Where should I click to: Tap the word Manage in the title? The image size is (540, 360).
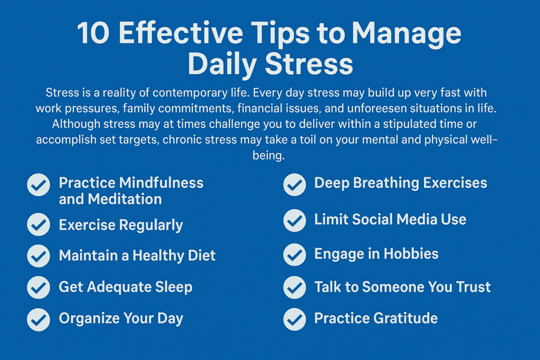click(x=406, y=34)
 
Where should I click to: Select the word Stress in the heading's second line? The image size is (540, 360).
click(x=309, y=65)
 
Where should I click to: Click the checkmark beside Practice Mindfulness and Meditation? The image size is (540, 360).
click(x=38, y=185)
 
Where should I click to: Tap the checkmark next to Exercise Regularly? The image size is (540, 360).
click(x=38, y=225)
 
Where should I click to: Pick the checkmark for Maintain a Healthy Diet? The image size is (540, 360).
click(x=38, y=256)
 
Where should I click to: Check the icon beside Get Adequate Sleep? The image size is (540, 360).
click(x=38, y=287)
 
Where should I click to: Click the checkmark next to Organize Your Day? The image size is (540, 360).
click(x=38, y=319)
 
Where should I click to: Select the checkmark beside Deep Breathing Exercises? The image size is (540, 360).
click(x=294, y=184)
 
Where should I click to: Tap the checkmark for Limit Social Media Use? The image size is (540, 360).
click(x=294, y=220)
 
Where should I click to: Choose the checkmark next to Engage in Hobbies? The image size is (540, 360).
click(x=294, y=255)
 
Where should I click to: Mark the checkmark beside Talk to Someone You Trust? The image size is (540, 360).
click(x=294, y=288)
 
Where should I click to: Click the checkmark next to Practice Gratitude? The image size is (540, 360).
click(x=294, y=319)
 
